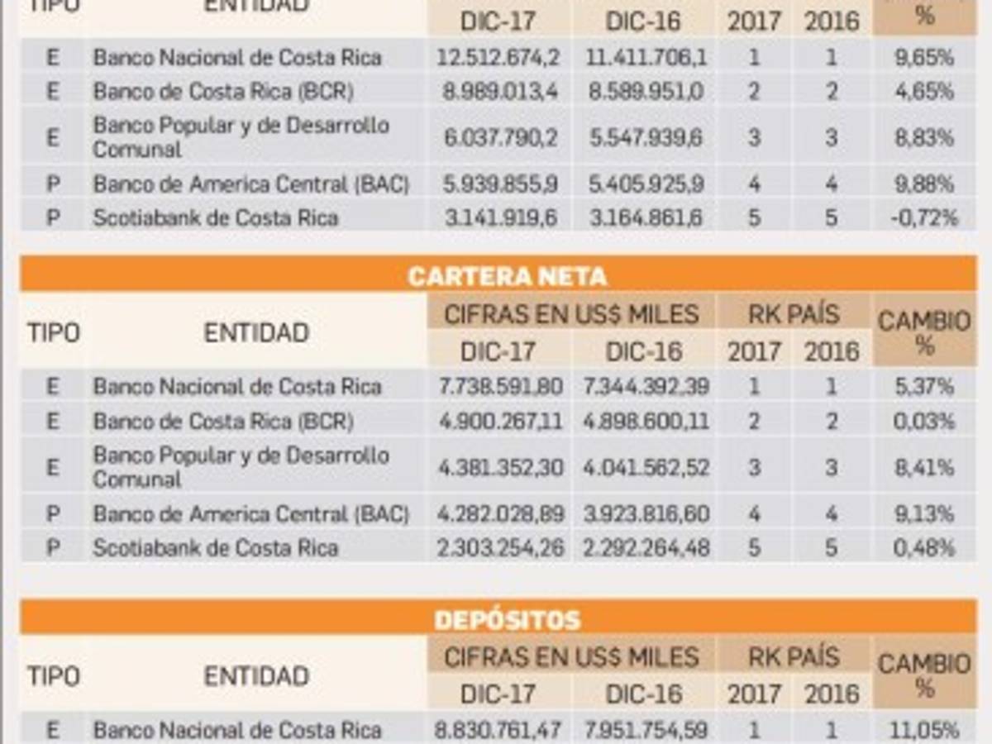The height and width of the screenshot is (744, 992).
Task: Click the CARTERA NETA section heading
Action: [507, 276]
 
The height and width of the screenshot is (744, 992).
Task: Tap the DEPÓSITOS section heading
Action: [507, 620]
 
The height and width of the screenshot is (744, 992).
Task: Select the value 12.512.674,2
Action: [499, 58]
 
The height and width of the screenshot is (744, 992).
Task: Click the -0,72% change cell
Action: [925, 218]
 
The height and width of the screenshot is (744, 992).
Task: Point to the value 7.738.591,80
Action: [499, 387]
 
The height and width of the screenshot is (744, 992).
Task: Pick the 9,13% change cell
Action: [925, 514]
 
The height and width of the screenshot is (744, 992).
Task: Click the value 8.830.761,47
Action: [499, 731]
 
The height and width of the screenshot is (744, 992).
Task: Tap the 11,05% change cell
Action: [925, 731]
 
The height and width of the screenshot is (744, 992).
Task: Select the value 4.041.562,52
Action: [646, 468]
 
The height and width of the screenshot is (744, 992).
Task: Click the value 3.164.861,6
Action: [646, 218]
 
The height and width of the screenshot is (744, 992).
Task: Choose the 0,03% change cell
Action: [925, 422]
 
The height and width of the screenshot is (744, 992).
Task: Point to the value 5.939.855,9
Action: [499, 184]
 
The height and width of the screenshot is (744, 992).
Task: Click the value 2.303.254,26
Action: [499, 547]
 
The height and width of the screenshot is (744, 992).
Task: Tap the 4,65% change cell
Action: [925, 91]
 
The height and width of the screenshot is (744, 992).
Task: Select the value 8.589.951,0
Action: [646, 91]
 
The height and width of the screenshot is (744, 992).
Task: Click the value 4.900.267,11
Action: [499, 422]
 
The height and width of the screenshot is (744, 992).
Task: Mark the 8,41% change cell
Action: [925, 468]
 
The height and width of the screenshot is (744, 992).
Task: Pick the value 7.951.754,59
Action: [646, 731]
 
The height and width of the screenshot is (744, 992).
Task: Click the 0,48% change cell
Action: [925, 547]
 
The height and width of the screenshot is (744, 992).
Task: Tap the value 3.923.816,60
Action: [646, 514]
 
